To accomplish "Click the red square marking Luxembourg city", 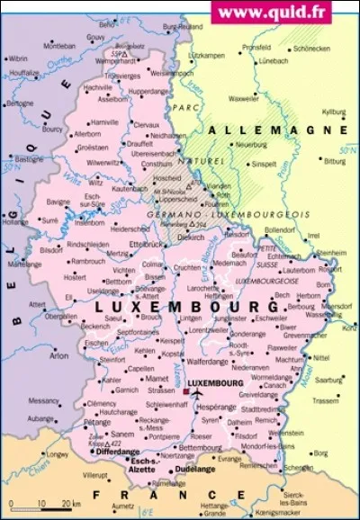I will coord(186,393).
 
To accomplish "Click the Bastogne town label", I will coord(22,159).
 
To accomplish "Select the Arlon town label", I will coord(58,355).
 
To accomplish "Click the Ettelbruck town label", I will coord(148,244).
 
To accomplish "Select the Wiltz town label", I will coord(96,182).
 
